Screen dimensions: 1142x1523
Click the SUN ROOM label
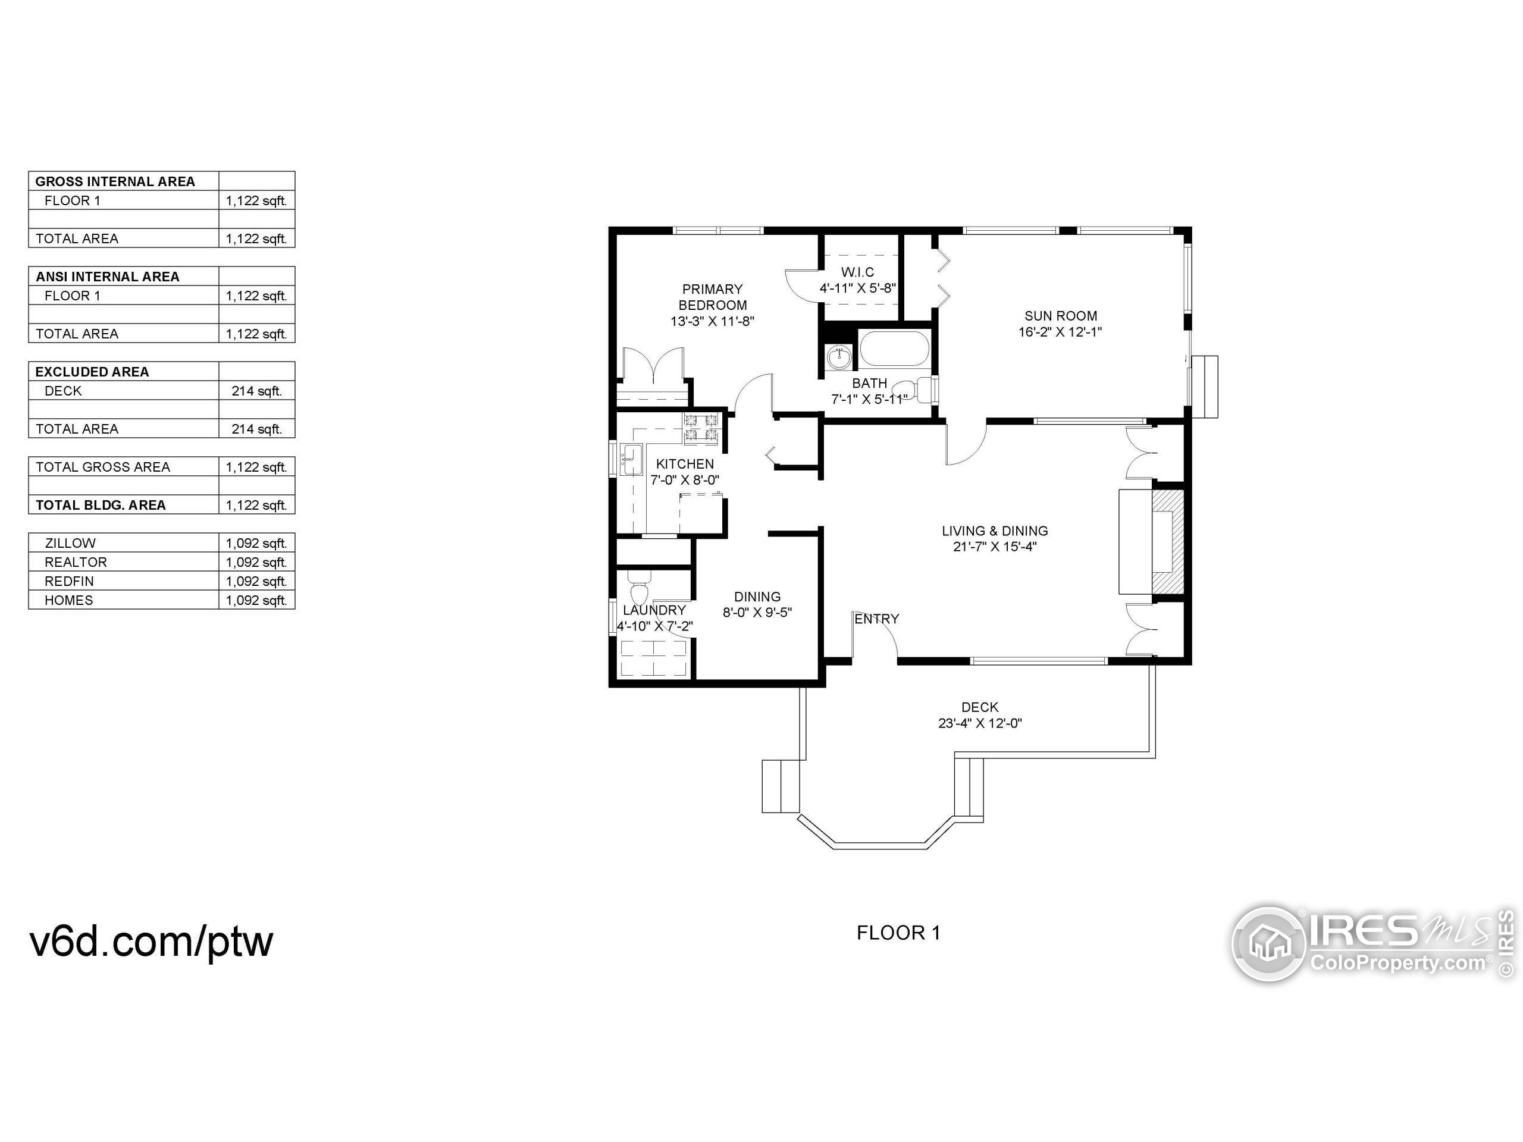(1060, 316)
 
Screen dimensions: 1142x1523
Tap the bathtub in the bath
(894, 350)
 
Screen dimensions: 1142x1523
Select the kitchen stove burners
(701, 428)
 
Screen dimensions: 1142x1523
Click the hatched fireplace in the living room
(1168, 541)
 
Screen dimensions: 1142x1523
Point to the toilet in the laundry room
(640, 592)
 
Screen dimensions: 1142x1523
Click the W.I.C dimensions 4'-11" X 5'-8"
(857, 288)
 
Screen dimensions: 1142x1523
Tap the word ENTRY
(876, 619)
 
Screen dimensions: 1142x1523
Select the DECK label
(980, 707)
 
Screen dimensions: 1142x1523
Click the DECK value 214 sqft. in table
(256, 391)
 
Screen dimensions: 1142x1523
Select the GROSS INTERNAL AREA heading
(115, 182)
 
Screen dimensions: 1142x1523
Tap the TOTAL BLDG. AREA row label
(101, 505)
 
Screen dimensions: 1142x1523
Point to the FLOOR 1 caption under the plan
(898, 933)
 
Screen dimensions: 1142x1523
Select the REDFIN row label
(69, 581)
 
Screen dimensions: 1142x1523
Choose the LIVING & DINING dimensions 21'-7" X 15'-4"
(994, 547)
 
